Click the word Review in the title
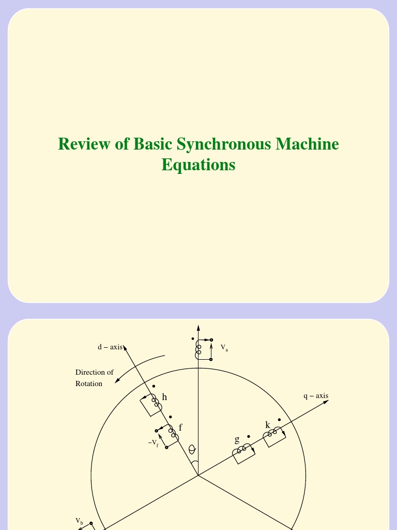84,144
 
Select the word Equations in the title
198,165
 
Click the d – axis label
110,347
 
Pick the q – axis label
316,396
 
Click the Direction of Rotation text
94,378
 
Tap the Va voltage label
224,347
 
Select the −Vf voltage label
153,443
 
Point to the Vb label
79,520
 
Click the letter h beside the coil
164,397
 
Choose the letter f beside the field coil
180,428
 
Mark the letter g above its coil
237,440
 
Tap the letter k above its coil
268,425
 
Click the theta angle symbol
192,449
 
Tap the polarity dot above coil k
279,420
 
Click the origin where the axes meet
198,475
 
